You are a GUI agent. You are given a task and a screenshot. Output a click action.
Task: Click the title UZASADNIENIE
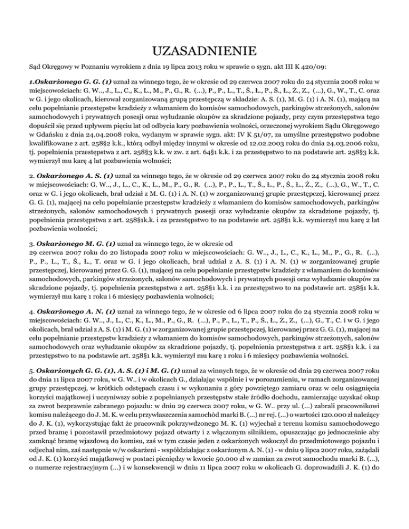(x=204, y=52)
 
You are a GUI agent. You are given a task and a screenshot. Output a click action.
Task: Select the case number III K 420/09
(x=305, y=67)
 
